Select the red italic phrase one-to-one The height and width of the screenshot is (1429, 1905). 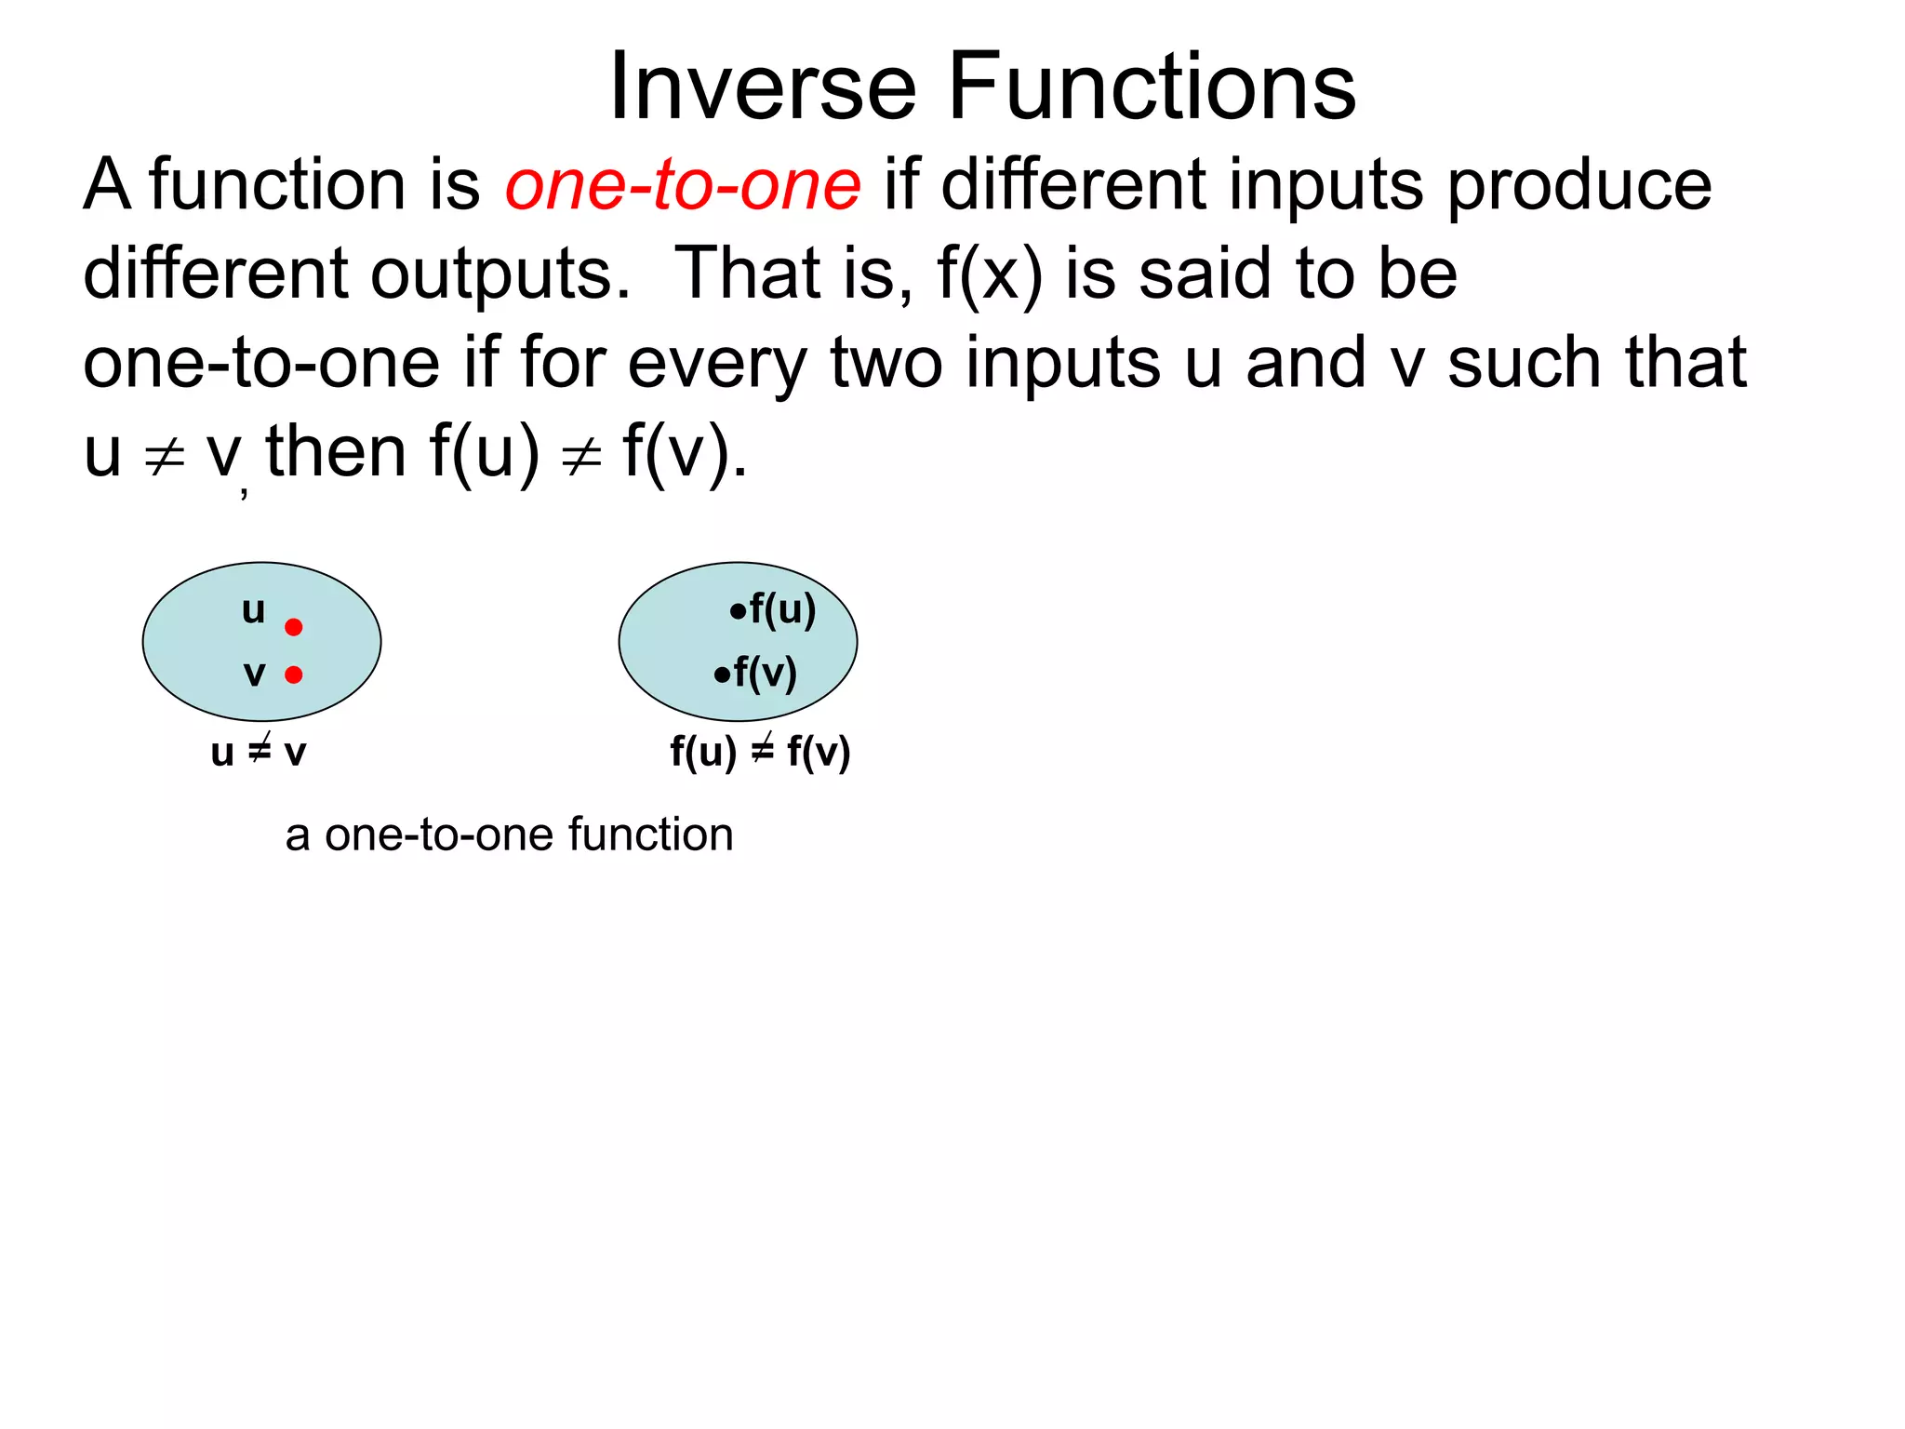point(683,184)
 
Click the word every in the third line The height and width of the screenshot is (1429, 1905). point(716,364)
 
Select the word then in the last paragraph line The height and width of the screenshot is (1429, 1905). point(336,451)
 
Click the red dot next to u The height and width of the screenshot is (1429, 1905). point(294,627)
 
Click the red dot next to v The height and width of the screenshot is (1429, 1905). point(294,674)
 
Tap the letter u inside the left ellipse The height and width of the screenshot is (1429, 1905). point(253,610)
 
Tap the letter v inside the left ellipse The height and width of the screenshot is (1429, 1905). point(254,674)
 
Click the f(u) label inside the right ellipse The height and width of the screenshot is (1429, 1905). point(782,609)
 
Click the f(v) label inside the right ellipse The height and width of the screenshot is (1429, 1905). point(765,673)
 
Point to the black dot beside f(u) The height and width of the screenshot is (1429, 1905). point(738,612)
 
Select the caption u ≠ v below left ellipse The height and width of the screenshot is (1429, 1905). point(259,751)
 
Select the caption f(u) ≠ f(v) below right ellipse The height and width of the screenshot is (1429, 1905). point(760,751)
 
